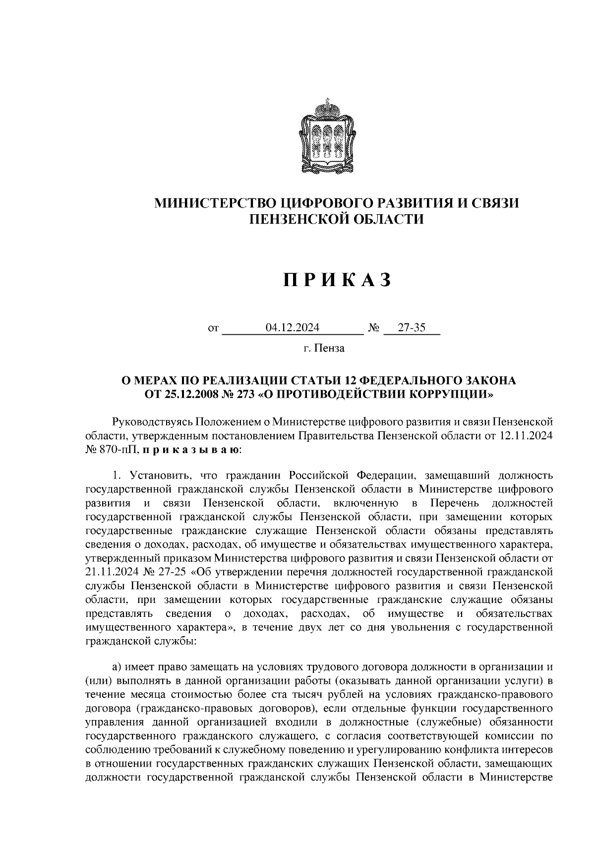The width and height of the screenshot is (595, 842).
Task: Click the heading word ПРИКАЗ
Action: click(x=337, y=281)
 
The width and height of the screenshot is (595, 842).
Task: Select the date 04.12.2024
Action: click(x=293, y=328)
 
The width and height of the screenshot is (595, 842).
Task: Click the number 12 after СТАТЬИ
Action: click(x=348, y=381)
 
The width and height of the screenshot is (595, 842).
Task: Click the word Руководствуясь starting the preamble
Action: click(x=153, y=422)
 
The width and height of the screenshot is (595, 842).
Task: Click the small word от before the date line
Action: click(x=214, y=329)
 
